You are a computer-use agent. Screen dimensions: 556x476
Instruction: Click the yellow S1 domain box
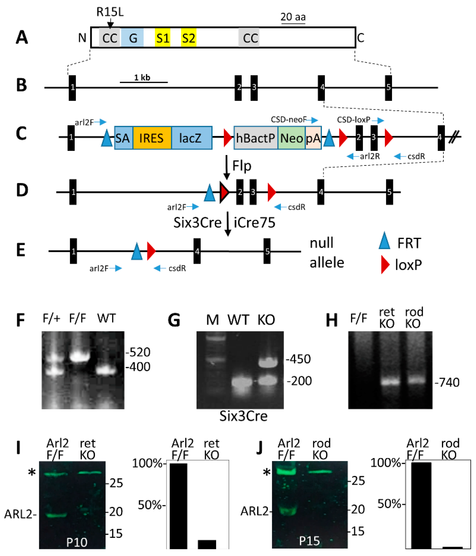(163, 38)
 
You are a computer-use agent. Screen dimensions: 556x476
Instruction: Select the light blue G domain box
(132, 38)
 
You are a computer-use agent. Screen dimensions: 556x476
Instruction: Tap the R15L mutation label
(110, 12)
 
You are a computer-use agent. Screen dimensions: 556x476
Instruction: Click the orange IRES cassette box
(152, 138)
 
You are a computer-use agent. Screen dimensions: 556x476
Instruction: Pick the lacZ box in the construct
(192, 138)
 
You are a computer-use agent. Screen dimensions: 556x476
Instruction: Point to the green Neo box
(291, 138)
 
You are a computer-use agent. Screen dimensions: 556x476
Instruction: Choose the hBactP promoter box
(256, 138)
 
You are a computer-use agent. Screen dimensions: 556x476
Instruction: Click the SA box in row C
(123, 138)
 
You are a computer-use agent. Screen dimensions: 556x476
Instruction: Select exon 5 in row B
(388, 88)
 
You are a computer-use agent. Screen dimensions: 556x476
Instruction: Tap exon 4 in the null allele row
(197, 251)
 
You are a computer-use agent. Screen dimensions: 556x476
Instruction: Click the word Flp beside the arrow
(242, 165)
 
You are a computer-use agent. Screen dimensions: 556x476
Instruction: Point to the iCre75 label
(254, 222)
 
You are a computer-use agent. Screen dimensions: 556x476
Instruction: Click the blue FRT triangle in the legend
(384, 241)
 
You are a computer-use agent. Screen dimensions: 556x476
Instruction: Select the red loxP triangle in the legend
(385, 264)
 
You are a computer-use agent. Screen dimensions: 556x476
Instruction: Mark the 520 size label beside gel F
(138, 352)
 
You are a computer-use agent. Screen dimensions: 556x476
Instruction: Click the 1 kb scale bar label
(142, 78)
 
